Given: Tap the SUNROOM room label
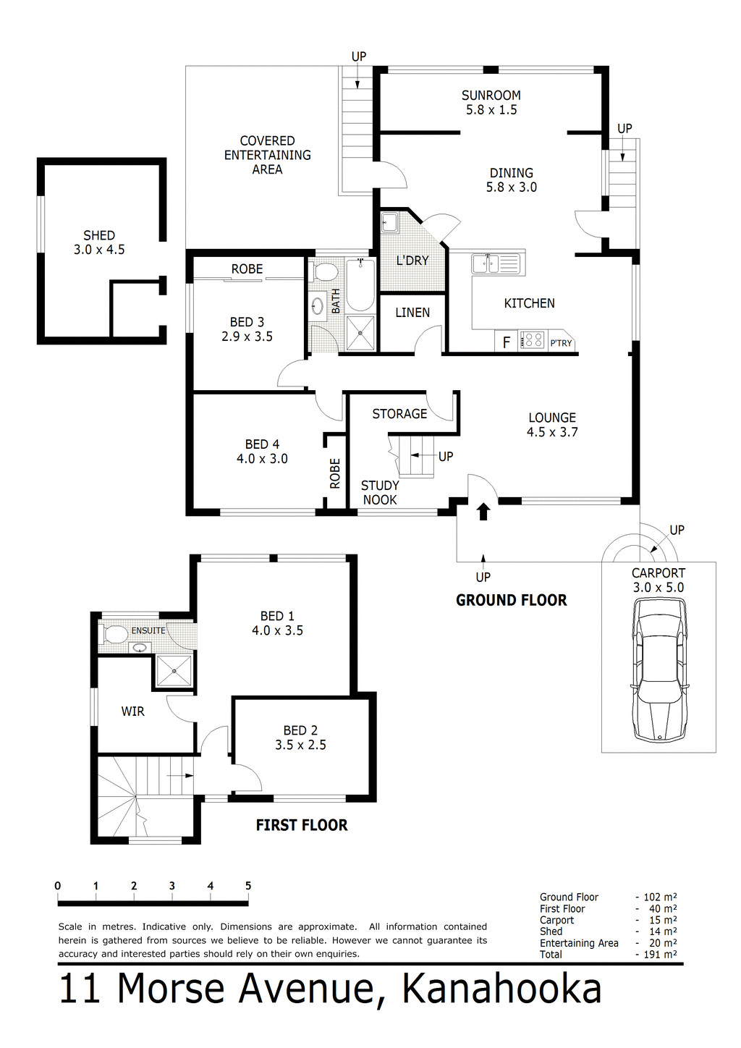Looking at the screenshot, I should [491, 96].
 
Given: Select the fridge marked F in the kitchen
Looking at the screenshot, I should [506, 342].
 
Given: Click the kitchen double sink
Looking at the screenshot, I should [496, 263].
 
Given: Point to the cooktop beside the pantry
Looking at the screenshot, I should [533, 339].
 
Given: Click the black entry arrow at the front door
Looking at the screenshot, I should [483, 512].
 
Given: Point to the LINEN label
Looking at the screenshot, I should [412, 313].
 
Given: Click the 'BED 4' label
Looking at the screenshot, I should [262, 444].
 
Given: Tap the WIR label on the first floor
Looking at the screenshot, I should [132, 711].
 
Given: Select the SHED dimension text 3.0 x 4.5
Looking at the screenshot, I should [99, 250].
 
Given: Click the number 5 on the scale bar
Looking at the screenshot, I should [248, 886].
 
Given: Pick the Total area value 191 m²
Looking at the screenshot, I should [660, 954].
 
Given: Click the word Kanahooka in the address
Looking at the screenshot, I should [501, 989].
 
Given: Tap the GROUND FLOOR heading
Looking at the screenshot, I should [511, 600].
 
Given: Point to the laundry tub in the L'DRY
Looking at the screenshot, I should [389, 222].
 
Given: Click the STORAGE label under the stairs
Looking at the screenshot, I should [399, 414].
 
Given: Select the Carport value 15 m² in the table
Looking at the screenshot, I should [663, 920].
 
